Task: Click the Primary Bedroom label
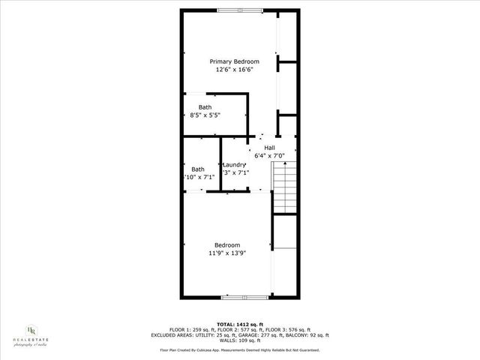point(234,61)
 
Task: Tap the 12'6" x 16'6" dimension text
point(234,69)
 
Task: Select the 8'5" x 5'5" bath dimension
point(205,115)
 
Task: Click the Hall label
point(269,148)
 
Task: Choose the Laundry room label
point(235,165)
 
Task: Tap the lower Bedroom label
point(227,245)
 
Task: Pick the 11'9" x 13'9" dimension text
point(227,253)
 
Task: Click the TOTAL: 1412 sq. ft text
point(240,322)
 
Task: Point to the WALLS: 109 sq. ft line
point(240,341)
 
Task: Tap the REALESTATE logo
point(31,333)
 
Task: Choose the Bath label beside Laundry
point(198,169)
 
